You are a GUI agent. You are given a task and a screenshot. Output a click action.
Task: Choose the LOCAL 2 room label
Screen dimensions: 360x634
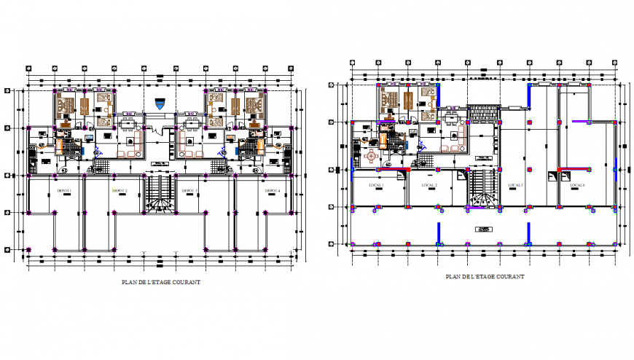(428, 185)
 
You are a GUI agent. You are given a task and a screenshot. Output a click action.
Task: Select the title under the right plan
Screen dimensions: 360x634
(485, 277)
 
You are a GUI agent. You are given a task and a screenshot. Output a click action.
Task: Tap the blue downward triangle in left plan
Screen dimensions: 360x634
(161, 105)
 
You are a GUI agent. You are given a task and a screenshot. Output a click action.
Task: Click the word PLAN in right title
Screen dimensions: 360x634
(453, 277)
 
